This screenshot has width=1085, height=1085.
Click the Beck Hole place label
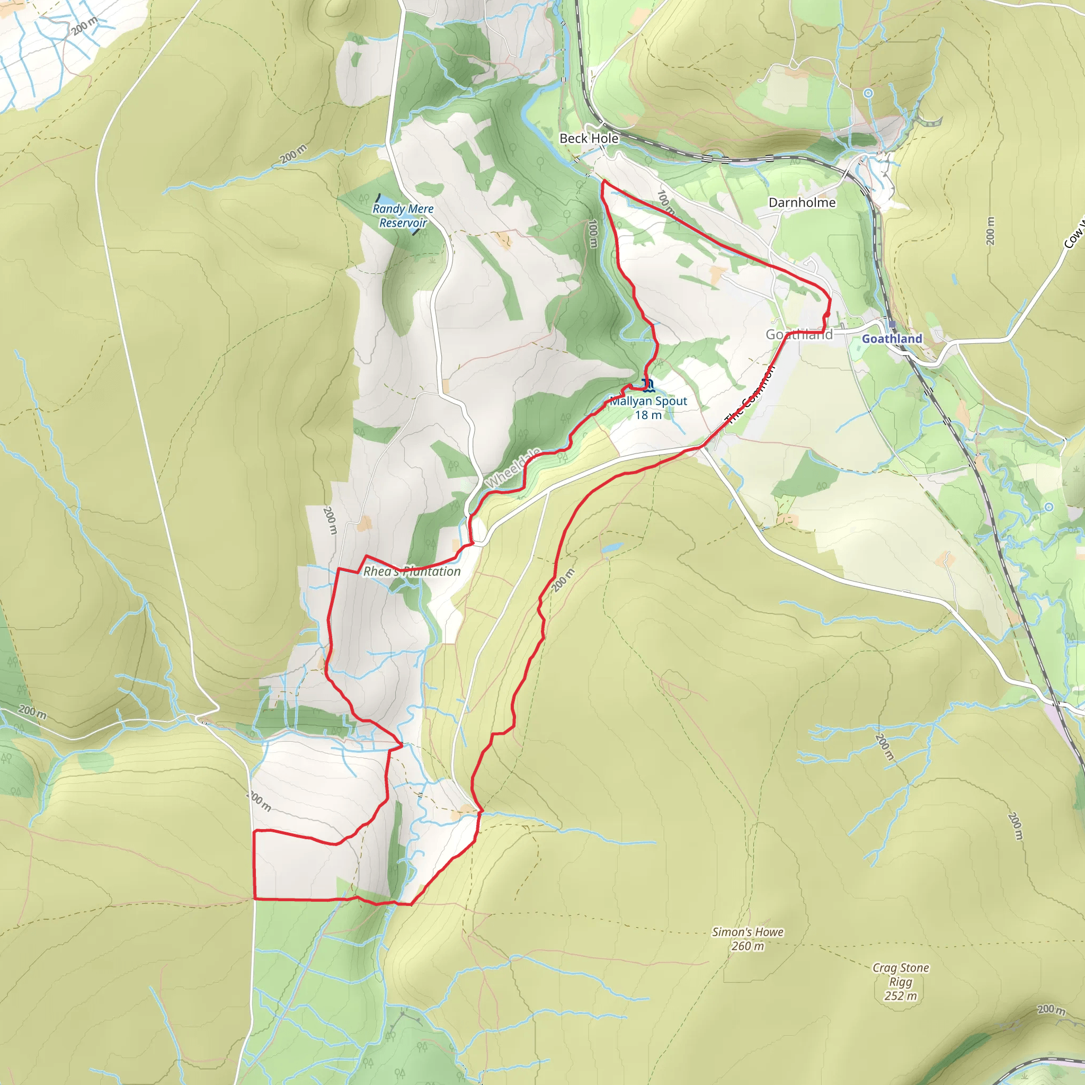point(589,138)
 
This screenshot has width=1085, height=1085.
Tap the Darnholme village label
point(802,202)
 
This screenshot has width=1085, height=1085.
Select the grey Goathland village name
point(799,335)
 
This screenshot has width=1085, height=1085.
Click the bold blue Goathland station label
point(892,339)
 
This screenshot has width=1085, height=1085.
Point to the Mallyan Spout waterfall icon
point(647,385)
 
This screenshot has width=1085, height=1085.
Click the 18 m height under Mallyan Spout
point(648,415)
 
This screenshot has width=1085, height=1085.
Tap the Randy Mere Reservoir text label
point(403,216)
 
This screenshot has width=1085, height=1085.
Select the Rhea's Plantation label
point(412,572)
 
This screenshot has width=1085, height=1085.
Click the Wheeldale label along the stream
point(513,468)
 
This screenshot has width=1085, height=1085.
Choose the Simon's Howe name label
point(748,932)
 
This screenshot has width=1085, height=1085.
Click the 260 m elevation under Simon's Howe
point(748,946)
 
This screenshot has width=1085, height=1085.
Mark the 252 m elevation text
point(900,995)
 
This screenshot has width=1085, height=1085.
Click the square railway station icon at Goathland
point(892,325)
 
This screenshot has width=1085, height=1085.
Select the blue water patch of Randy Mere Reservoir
point(387,200)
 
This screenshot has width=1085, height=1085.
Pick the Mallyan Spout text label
point(648,401)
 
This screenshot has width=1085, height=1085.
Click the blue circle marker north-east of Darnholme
point(868,93)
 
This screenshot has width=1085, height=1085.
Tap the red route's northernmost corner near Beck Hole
point(603,181)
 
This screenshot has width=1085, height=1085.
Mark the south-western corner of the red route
point(255,899)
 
